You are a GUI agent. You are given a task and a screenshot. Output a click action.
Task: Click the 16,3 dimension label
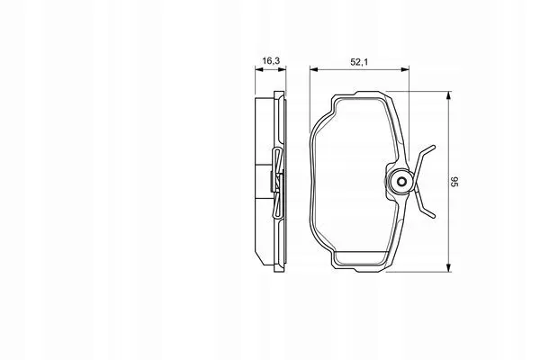coord(271,61)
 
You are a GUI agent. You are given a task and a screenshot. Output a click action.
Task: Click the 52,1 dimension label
coord(359,62)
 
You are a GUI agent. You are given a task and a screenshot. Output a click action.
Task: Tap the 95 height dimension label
coord(454,182)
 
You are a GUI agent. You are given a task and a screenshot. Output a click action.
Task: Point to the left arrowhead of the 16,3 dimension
coord(259,69)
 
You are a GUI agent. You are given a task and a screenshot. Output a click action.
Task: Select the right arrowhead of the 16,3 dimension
coord(282,69)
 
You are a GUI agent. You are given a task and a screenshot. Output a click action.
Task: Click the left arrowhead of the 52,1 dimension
coord(314,69)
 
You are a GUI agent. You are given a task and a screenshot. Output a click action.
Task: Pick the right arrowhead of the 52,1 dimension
coord(405,69)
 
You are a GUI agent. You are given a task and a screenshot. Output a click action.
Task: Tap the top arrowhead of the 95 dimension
coord(448,95)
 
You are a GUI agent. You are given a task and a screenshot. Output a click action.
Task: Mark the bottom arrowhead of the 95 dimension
coord(448,267)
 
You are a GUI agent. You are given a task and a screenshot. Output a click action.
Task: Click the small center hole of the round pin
coord(401,182)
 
